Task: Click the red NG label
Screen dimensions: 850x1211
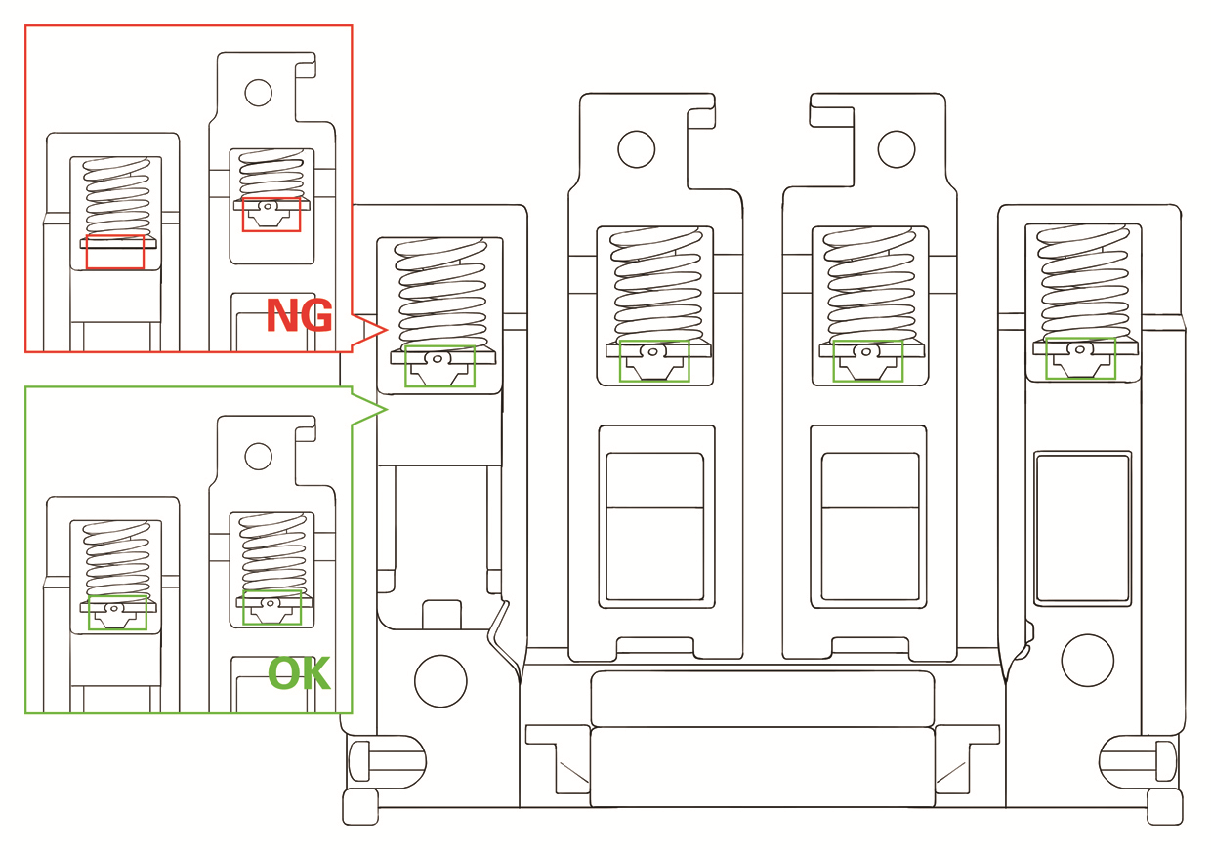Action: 300,315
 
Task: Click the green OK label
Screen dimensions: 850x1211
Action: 299,673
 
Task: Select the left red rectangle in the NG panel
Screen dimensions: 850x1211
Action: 115,251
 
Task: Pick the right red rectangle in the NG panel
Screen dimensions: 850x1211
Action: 271,214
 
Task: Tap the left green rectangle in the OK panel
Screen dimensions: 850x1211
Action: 117,611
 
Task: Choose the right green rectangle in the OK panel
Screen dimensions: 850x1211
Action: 271,607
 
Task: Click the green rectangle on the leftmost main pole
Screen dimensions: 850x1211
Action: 439,366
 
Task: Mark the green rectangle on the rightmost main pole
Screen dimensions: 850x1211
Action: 1080,358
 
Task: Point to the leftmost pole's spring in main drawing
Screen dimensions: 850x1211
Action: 439,293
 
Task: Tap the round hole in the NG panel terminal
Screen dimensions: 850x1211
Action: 258,93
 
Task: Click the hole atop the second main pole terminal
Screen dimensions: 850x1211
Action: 636,148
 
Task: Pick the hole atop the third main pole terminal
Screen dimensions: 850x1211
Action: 896,148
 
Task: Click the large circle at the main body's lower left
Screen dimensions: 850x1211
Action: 440,680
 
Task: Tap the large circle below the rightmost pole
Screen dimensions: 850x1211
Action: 1087,660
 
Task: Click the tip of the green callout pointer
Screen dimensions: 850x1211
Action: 388,407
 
